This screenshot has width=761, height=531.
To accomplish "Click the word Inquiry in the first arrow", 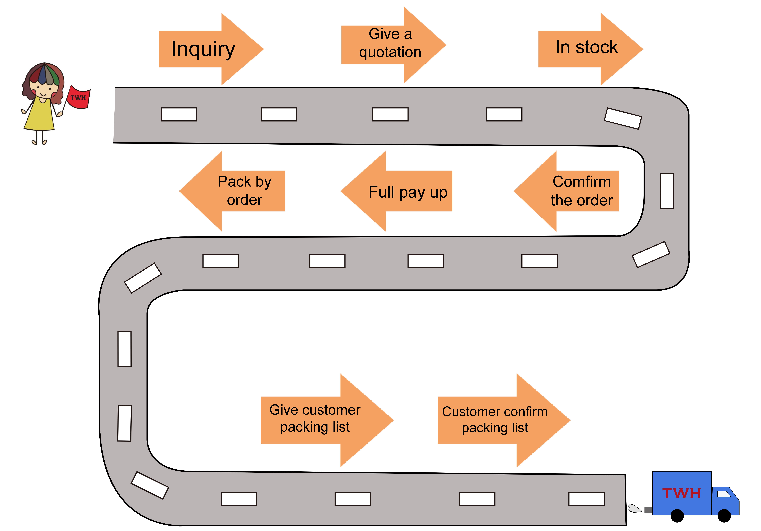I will tap(203, 49).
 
